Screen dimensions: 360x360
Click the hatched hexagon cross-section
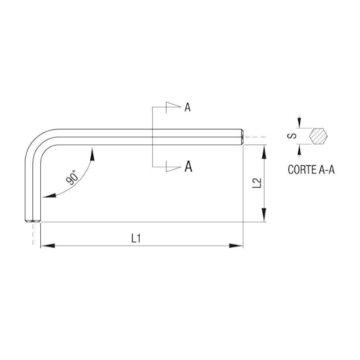(318, 136)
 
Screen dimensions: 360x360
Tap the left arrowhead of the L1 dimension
(45, 246)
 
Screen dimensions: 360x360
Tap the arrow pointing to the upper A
(177, 105)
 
